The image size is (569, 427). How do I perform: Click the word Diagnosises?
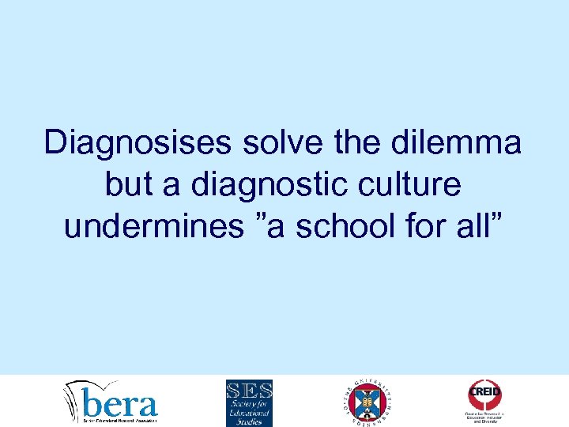136,143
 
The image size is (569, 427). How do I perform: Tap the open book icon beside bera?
77,400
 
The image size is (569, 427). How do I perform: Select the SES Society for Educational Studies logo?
249,402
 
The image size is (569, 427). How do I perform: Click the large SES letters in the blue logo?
249,391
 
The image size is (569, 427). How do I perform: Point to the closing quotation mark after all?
497,217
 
